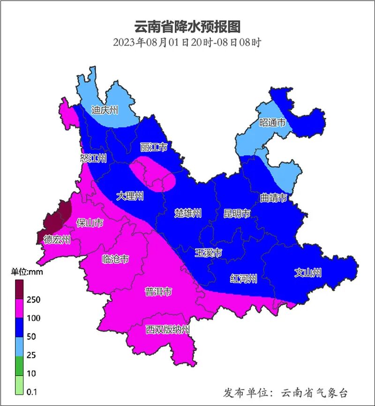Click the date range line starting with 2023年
pos(187,42)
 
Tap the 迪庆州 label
pos(105,111)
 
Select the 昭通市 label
pos(272,123)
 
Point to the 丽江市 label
pos(154,148)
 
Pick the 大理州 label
pos(130,196)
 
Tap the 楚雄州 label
pos(187,214)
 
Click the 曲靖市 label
pos(273,198)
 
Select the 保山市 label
pos(90,222)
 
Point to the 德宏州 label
pos(57,240)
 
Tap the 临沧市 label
pos(115,259)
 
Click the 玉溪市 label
pos(208,253)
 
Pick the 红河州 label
pos(244,280)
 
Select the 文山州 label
pos(308,272)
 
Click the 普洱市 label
pos(158,292)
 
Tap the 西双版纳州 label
pos(167,330)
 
